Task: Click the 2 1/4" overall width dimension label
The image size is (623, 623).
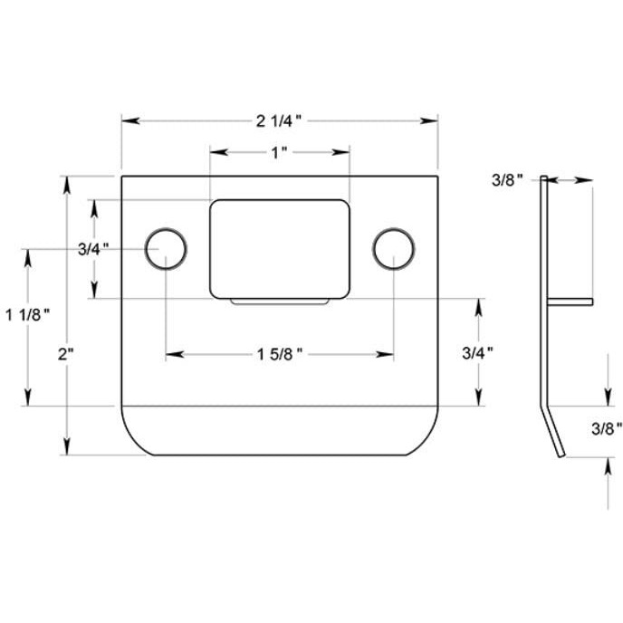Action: [279, 120]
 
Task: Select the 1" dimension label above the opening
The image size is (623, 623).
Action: [279, 152]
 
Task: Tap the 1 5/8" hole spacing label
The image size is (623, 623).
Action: [279, 354]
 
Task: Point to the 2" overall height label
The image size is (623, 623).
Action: [65, 354]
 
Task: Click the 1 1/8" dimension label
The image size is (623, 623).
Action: [27, 314]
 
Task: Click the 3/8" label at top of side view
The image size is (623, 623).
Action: [508, 181]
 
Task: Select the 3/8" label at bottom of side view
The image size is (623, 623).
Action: [606, 427]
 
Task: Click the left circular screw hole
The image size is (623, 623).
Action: [166, 248]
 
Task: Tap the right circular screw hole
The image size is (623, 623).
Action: [394, 248]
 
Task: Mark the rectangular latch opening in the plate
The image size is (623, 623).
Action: [279, 247]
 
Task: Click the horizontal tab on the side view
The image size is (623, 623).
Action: [570, 302]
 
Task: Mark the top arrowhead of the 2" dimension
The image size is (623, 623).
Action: [65, 182]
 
